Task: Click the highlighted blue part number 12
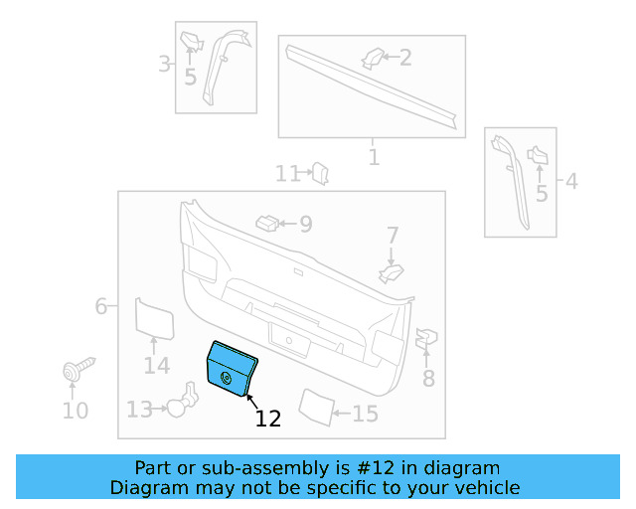232,369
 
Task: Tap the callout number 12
268,419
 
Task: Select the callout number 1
374,157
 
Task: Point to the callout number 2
405,57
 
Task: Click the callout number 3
164,66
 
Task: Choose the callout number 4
571,182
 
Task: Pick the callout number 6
100,306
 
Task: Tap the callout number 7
393,236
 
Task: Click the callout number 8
428,378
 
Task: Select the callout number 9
305,224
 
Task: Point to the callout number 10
76,411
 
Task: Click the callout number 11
287,174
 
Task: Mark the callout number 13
139,409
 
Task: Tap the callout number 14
156,366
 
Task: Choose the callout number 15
365,414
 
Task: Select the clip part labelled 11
320,174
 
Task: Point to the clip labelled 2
373,58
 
